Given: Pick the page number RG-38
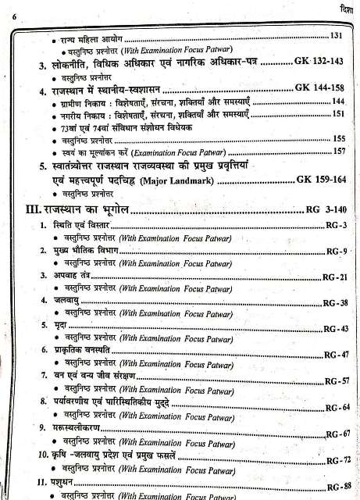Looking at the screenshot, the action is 337,302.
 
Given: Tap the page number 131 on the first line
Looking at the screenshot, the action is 337,37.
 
